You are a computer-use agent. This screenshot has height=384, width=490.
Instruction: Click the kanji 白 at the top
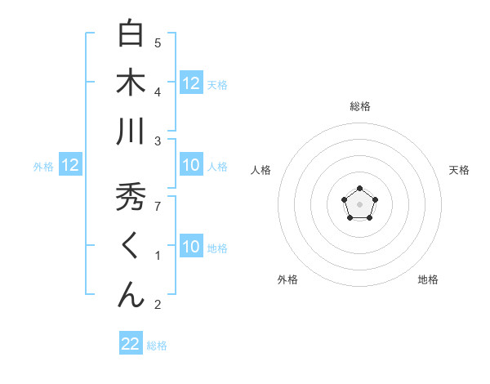tap(131, 34)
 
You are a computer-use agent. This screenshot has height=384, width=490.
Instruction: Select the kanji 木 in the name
tap(131, 83)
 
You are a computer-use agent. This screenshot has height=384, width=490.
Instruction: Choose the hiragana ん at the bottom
tap(131, 294)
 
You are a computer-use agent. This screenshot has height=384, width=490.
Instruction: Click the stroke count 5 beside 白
tap(158, 42)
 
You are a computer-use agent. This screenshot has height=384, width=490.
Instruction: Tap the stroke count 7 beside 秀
tap(158, 206)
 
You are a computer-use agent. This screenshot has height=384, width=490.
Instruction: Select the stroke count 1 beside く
tap(158, 256)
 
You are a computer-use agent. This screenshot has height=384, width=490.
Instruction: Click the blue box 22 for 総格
tap(131, 344)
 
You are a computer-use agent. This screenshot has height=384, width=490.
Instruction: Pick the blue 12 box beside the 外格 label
tap(69, 166)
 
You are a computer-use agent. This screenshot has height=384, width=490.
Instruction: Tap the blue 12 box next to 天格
tap(191, 83)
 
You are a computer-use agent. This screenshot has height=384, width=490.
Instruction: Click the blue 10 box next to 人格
tap(191, 166)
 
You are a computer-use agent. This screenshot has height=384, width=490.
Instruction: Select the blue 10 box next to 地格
tap(191, 247)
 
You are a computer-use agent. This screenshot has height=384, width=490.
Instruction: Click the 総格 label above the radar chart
tap(359, 106)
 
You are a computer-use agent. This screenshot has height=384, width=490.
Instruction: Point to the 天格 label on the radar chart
tap(459, 170)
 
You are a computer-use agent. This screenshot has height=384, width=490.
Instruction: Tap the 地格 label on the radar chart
tap(428, 279)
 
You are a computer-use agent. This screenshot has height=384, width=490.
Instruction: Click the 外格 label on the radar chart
tap(287, 279)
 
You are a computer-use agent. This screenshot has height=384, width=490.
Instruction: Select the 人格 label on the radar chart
tap(261, 170)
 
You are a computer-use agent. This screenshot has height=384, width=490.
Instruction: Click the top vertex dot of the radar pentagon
tap(359, 189)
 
